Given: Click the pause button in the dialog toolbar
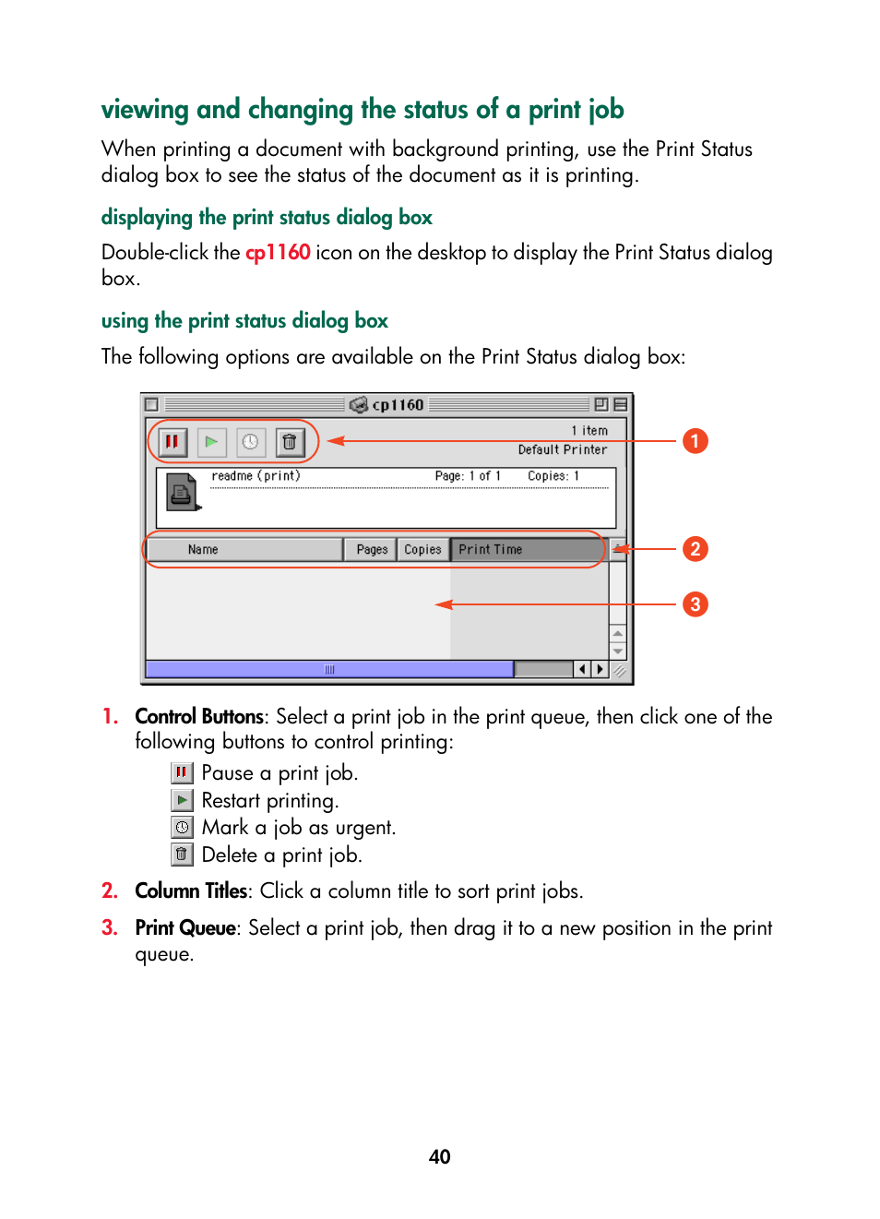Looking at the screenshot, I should click(x=172, y=442).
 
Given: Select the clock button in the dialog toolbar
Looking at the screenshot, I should click(x=250, y=442).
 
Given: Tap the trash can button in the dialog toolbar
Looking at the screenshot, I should click(x=289, y=442).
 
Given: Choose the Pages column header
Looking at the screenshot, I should click(x=372, y=549).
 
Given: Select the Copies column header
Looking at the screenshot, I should click(x=422, y=549).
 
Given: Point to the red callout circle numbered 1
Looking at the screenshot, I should click(x=695, y=441).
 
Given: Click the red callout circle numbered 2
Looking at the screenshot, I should click(x=695, y=549).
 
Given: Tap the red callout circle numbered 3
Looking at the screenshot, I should click(x=695, y=604).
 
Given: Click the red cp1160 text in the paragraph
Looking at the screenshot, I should click(x=278, y=253).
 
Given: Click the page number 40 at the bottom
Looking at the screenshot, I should click(x=439, y=1156).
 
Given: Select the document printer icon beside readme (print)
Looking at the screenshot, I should click(x=183, y=492).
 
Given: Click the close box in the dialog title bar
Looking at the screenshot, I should click(x=152, y=404).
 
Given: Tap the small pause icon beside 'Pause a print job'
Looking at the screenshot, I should click(x=182, y=772).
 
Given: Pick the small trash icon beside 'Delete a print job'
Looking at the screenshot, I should click(x=182, y=854).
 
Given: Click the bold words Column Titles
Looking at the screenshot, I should click(x=191, y=890).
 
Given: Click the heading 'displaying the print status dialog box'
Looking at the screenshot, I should click(x=267, y=218).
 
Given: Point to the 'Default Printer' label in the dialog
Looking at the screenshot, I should click(x=562, y=449).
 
